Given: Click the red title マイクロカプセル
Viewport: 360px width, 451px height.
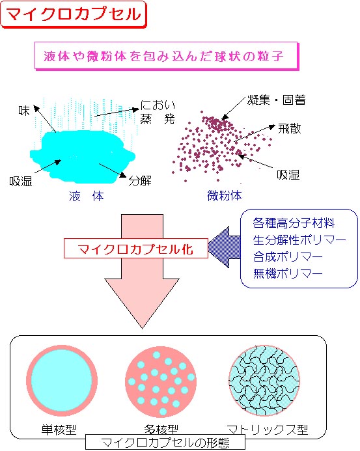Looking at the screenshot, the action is pos(74,14).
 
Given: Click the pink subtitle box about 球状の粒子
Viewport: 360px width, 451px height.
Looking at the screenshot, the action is pos(167,56).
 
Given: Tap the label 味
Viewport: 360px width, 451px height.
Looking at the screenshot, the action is pos(24,110).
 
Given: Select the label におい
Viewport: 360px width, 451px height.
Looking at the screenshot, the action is pos(158,105).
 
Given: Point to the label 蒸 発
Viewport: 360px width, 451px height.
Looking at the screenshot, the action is pos(158,118).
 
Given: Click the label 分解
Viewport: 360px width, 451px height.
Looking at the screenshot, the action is pos(140,181).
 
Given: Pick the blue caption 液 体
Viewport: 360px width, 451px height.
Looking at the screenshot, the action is pos(87,196).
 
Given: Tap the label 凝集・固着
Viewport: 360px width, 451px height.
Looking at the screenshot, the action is pos(276,100).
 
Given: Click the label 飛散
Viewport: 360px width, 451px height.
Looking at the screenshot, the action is pos(289,128).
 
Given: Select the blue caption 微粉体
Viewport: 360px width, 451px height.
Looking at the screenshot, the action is pos(225,196).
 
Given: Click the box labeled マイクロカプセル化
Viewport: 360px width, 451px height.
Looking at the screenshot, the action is pos(135,249).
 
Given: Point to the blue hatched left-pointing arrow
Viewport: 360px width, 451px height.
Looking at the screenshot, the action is pos(225,247).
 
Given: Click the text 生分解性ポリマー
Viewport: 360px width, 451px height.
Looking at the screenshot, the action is pos(299,240).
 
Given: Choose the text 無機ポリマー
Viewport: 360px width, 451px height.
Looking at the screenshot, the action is pos(288,273).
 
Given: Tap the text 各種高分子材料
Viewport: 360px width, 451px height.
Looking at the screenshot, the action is pos(294,223).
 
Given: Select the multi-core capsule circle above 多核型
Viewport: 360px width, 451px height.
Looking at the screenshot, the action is pos(161,381).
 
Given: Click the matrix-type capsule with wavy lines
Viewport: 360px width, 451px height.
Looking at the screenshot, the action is pos(264,381).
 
